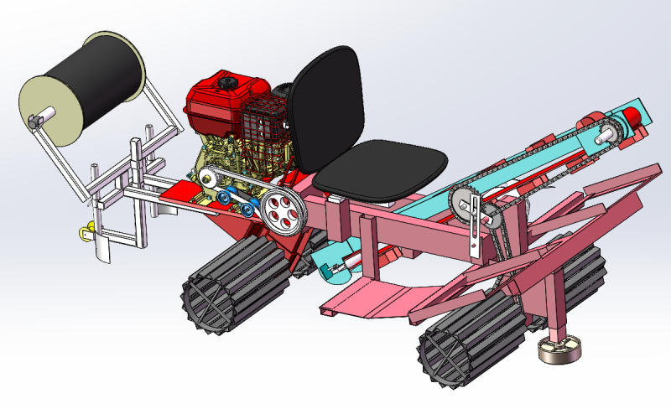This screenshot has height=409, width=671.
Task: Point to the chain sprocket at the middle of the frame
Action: [x=463, y=201]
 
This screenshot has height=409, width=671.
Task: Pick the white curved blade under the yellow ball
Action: [x=101, y=251]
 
